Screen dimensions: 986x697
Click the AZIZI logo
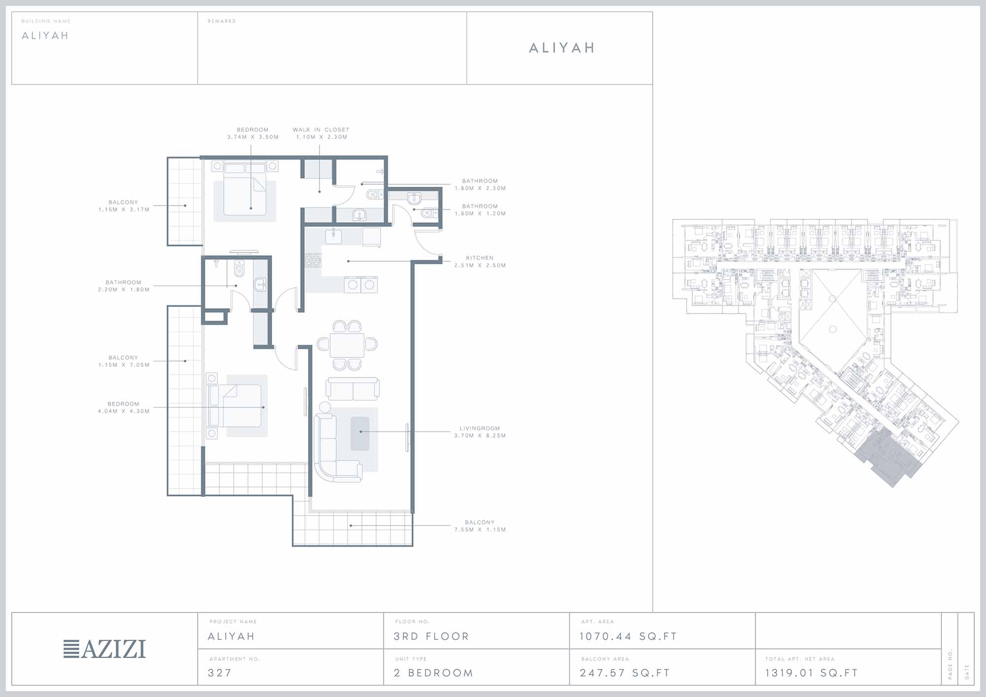coord(105,649)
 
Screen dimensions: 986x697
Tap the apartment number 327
coord(220,673)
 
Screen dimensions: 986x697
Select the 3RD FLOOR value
coord(431,636)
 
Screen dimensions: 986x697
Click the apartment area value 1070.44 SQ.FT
coord(628,636)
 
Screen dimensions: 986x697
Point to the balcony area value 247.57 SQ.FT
coord(625,673)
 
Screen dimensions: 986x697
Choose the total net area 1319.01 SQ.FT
coord(811,673)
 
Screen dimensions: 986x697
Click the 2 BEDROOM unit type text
coord(433,673)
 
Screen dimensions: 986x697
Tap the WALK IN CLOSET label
coord(321,130)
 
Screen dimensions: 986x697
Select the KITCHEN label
coord(480,258)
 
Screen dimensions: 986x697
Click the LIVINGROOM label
coord(480,428)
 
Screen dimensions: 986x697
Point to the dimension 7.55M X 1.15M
coord(480,529)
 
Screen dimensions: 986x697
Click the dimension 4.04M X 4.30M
coord(124,411)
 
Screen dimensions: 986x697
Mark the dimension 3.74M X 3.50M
coord(253,137)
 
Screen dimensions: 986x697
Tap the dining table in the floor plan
coord(347,345)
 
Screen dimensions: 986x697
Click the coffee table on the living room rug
coord(360,433)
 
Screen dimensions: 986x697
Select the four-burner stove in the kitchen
coord(313,260)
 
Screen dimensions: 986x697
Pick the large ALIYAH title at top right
coord(562,48)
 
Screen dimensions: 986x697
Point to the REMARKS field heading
coord(221,21)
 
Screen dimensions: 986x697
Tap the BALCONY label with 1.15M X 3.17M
coord(123,202)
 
